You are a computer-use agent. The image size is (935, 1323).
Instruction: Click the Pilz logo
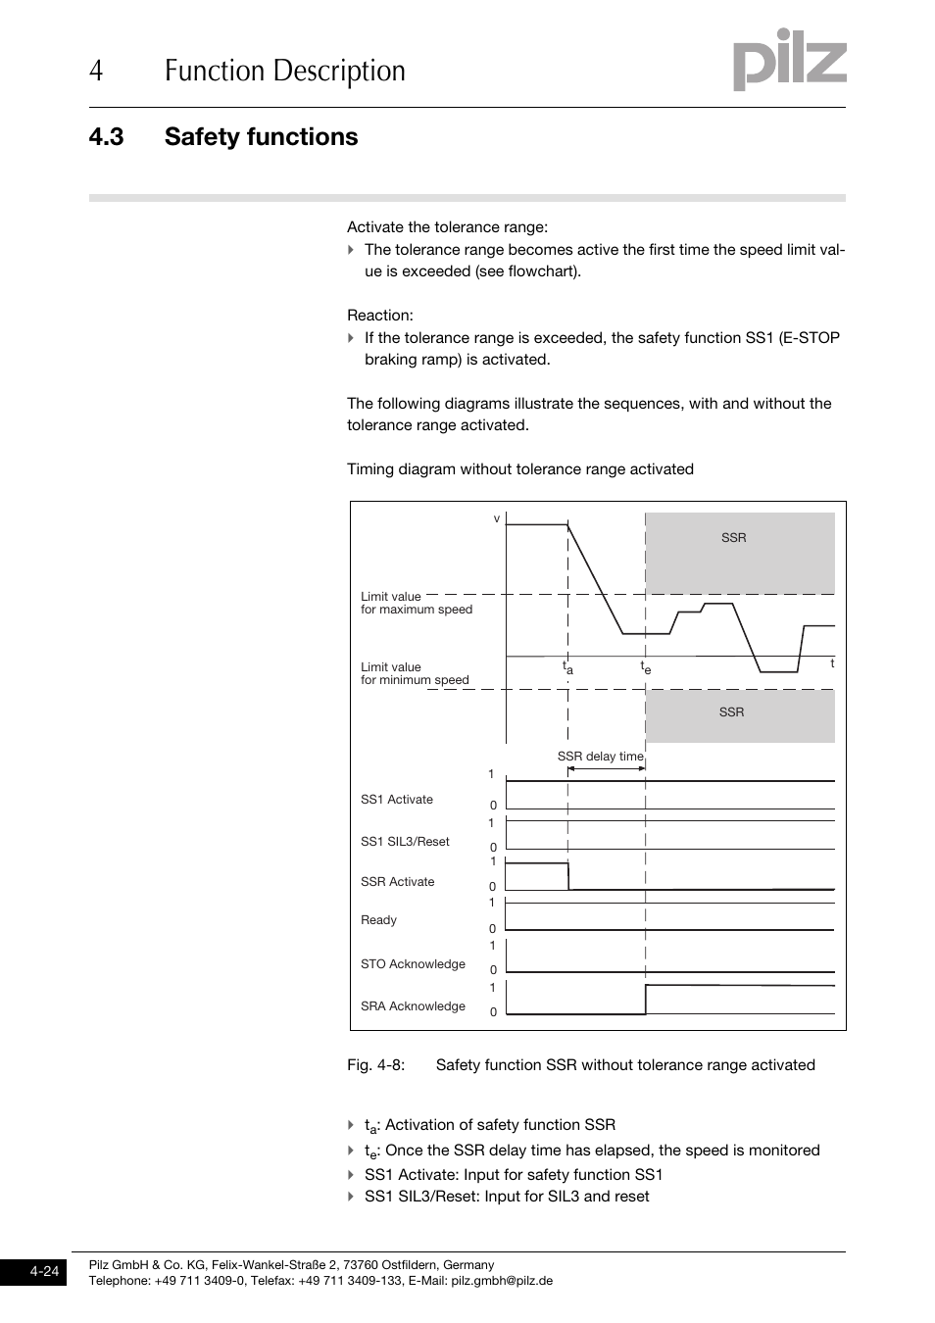[789, 61]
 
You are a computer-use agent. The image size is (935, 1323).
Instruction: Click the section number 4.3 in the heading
[106, 137]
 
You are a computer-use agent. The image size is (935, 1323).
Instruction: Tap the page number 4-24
[44, 1272]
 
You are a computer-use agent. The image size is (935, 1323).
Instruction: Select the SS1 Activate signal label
[396, 800]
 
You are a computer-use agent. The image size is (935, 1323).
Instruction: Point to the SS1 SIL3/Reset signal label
[405, 842]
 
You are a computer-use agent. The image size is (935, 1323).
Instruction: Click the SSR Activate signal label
[397, 882]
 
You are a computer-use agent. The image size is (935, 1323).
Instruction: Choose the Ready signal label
[378, 920]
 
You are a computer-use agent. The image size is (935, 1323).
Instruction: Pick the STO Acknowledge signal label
[413, 964]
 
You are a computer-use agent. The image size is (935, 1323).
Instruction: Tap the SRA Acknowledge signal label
[413, 1006]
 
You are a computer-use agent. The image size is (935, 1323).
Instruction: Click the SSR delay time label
[600, 757]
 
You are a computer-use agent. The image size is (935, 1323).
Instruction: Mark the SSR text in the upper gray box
[733, 538]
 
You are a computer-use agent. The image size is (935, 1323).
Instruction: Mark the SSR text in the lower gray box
[731, 712]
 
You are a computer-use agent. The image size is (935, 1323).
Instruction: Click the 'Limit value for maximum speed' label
[416, 603]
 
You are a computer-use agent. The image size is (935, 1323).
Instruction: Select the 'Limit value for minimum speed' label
[415, 673]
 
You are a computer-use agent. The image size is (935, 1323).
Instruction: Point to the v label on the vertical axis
[497, 518]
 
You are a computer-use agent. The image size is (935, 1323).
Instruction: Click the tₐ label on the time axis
[566, 667]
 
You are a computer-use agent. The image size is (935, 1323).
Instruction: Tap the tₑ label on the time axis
[645, 667]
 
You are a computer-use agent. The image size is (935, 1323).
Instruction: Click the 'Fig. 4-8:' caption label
[375, 1065]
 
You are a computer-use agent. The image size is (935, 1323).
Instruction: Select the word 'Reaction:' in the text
[379, 316]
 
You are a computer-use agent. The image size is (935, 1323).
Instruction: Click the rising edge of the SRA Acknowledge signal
[646, 1000]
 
